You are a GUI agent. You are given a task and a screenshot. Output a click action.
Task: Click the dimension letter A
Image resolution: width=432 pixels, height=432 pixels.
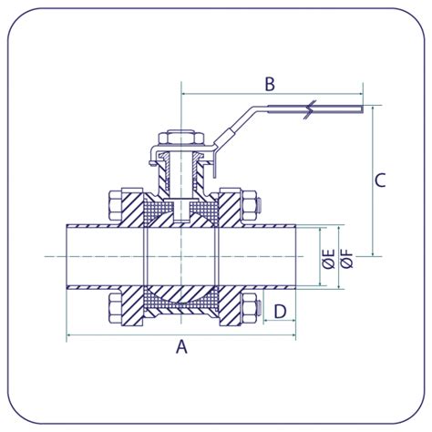point(180,346)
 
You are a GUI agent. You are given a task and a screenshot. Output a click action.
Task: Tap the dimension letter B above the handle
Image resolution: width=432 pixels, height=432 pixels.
point(270,84)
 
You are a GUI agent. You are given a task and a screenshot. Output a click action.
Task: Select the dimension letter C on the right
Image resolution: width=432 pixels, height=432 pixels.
point(380,180)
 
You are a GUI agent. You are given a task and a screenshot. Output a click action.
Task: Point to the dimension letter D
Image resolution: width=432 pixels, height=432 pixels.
point(280,312)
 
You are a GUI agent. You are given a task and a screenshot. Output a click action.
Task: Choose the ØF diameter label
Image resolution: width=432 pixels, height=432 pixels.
point(346,258)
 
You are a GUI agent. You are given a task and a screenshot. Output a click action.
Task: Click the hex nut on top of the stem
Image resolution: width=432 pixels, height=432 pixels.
point(182,139)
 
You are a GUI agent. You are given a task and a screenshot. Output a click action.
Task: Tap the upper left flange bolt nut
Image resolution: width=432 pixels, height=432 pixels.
point(116,206)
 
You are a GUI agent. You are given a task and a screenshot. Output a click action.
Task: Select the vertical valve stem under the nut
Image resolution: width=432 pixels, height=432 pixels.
point(182,178)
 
